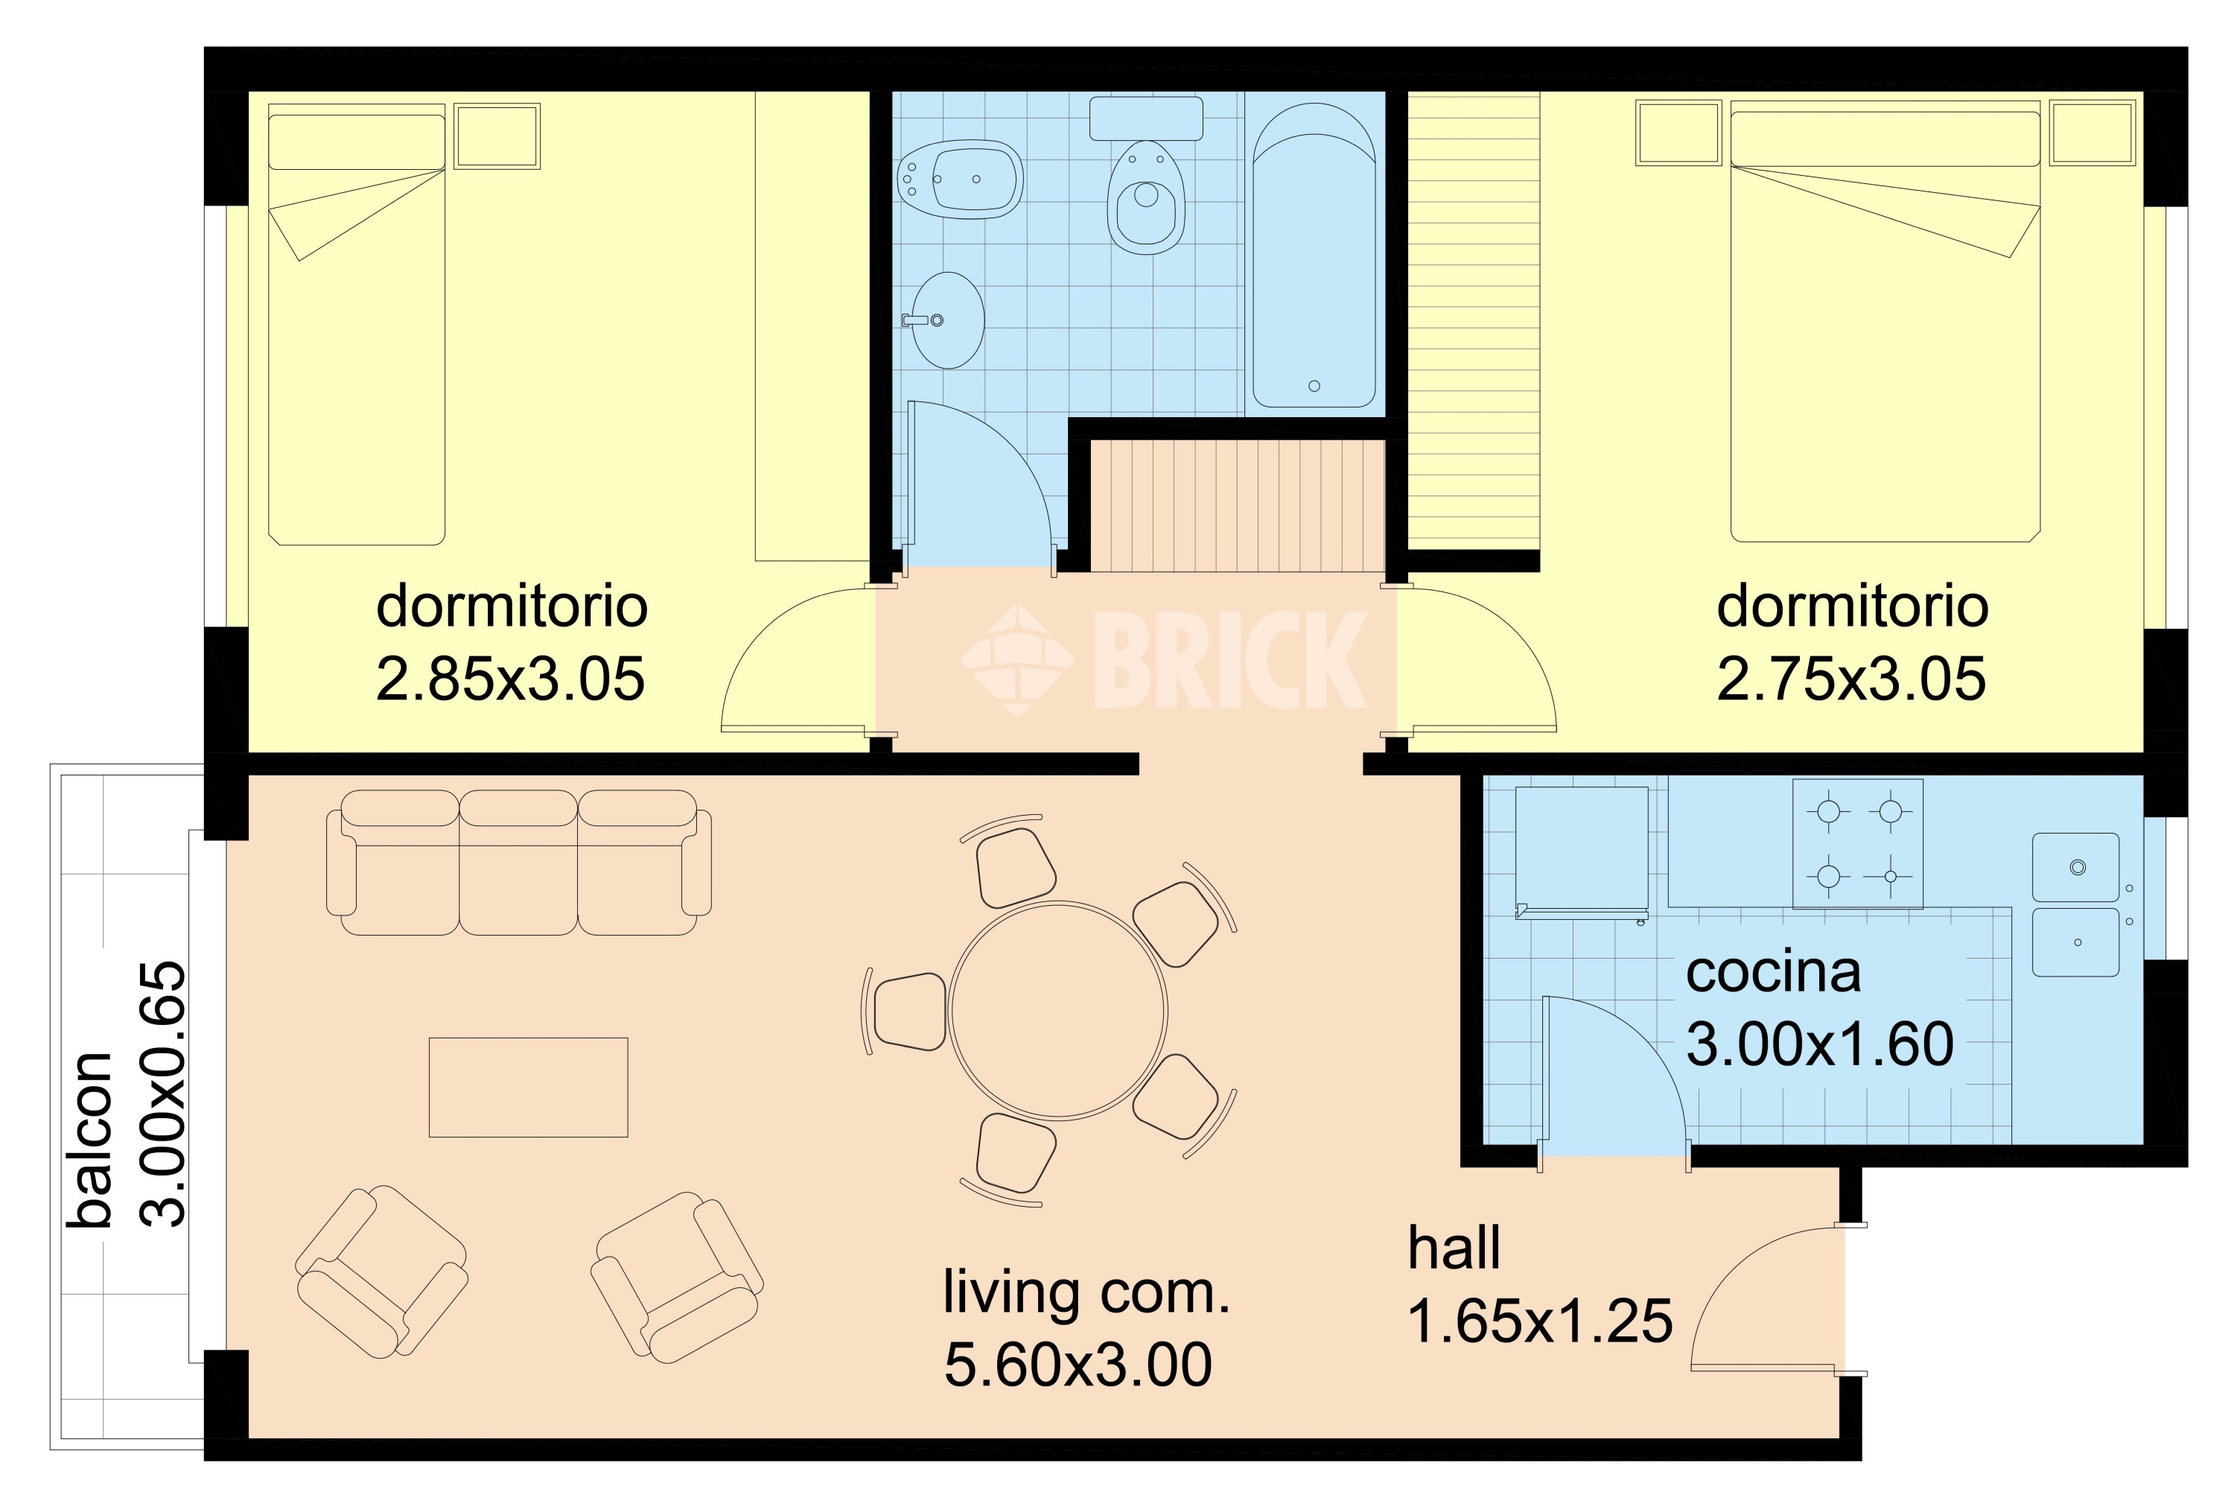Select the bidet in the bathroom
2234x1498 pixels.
click(961, 180)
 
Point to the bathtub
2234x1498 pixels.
click(1314, 256)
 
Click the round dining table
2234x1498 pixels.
click(1058, 1010)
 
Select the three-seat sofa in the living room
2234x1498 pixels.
click(518, 863)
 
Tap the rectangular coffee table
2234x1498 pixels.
click(528, 1088)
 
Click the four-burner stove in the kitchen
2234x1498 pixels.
click(1858, 843)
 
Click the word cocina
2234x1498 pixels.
click(1774, 973)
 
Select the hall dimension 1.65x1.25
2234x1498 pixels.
click(1541, 1321)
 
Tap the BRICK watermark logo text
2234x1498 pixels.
click(1230, 660)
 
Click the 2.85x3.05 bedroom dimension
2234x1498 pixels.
click(511, 679)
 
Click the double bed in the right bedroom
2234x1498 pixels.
click(1885, 326)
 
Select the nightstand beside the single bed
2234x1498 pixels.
click(497, 136)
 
